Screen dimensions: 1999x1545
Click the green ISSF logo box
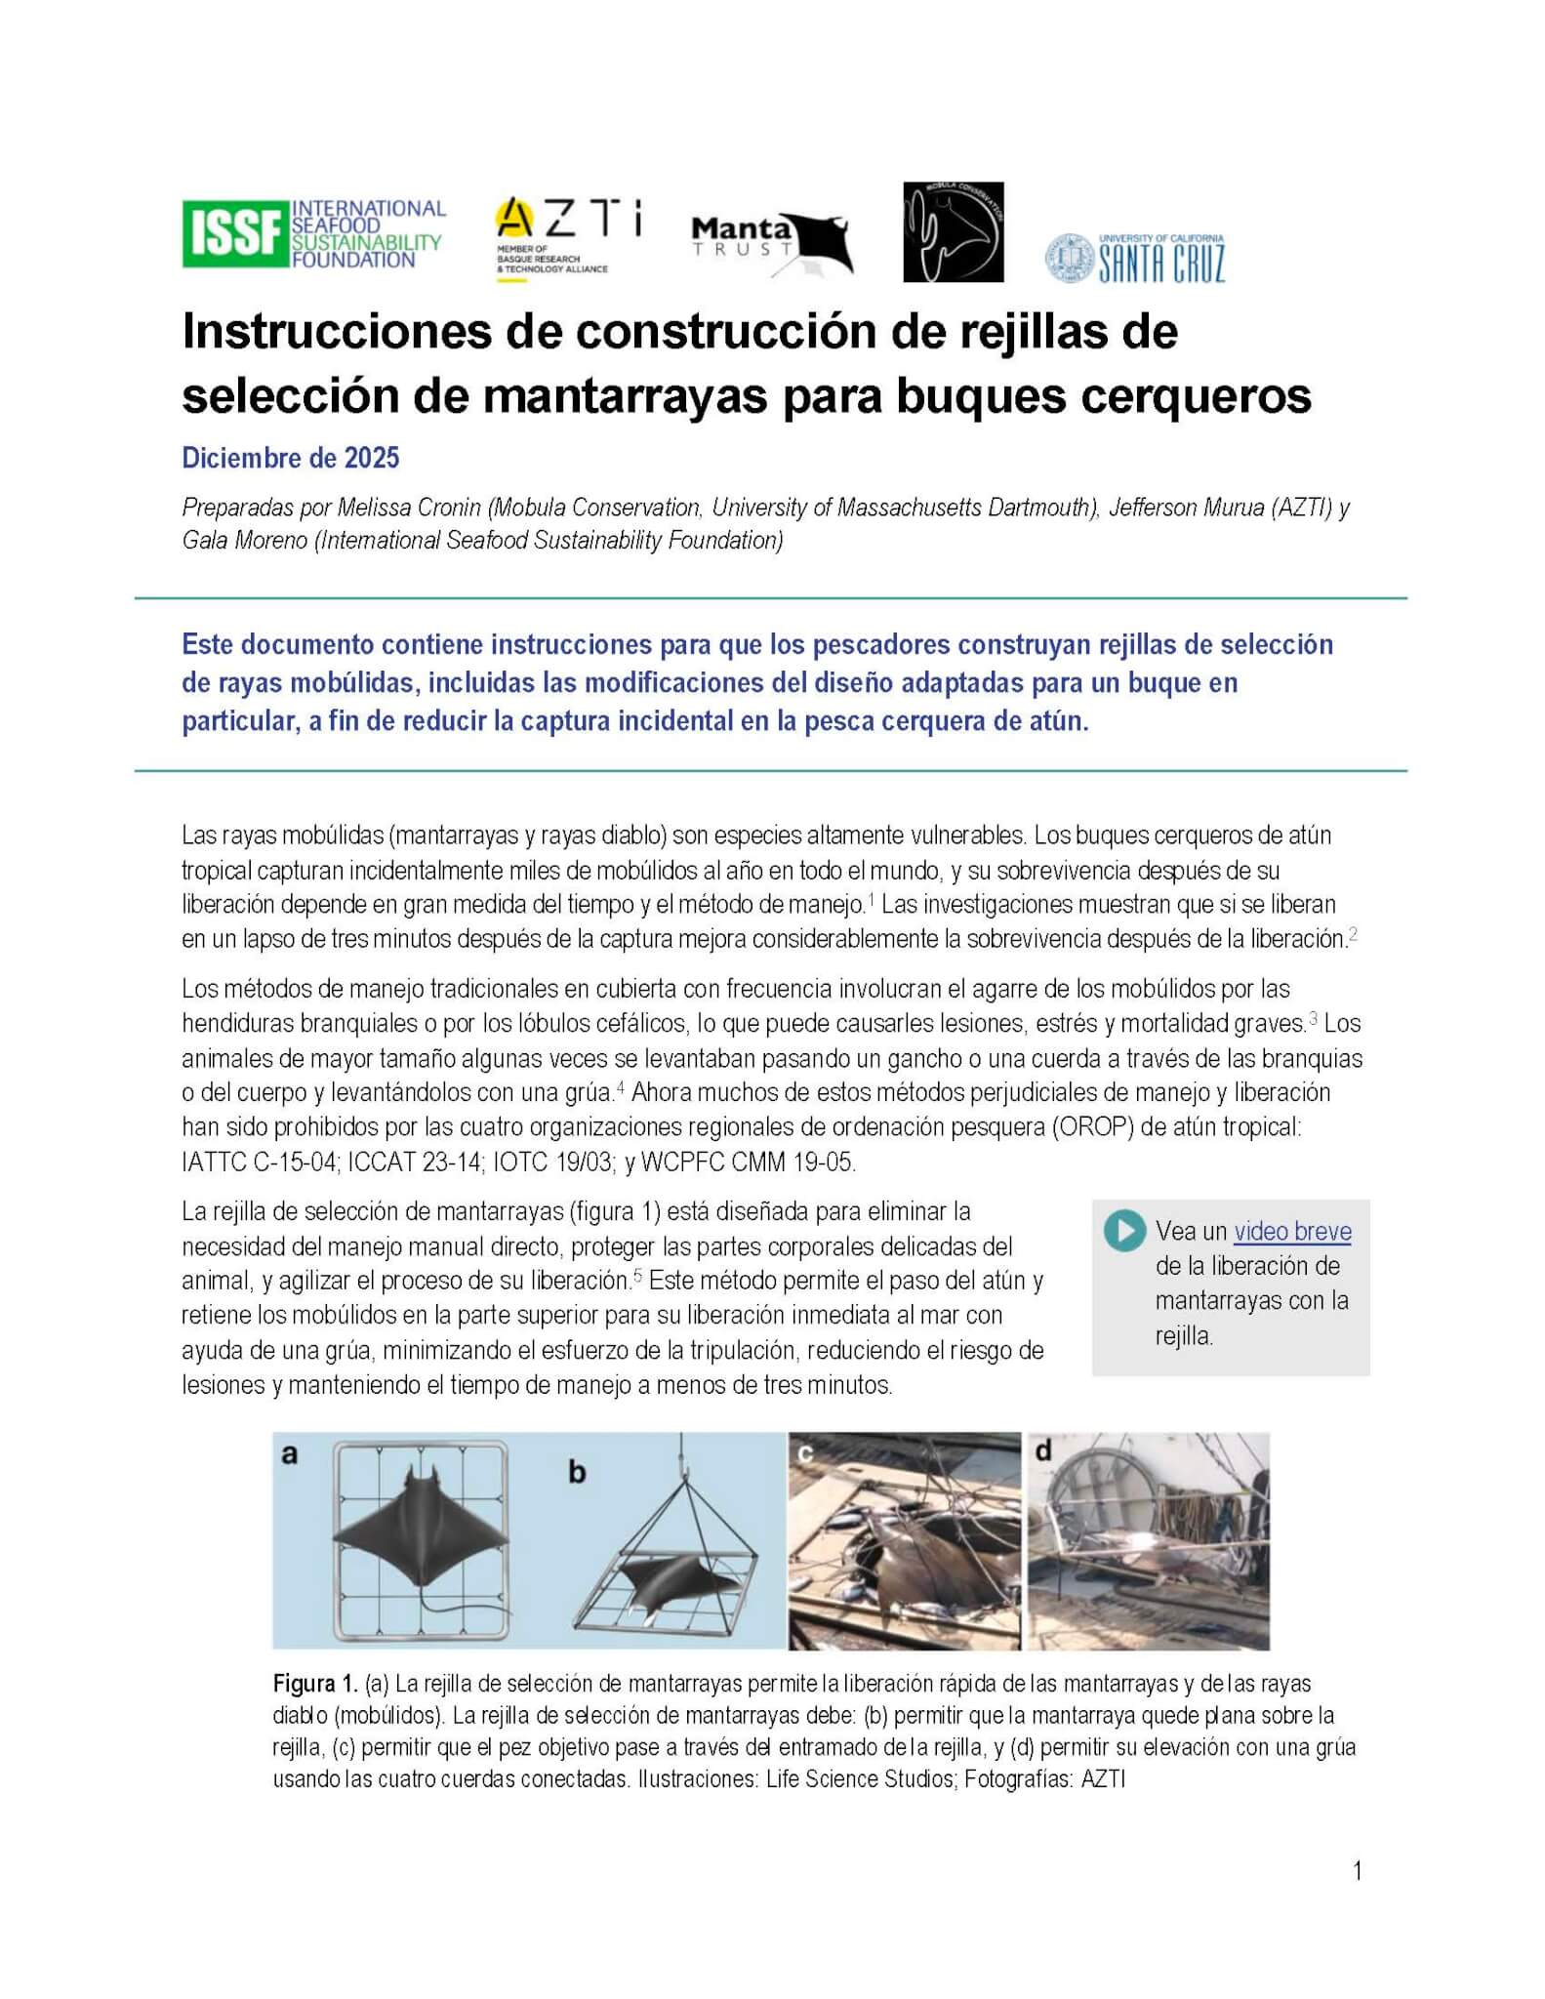[234, 233]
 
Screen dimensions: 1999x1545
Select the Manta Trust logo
[771, 244]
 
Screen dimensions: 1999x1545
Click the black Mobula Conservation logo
[953, 232]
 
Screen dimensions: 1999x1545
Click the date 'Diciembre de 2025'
[290, 458]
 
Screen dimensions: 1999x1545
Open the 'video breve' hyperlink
[1292, 1231]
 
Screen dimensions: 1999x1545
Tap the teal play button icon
[1125, 1231]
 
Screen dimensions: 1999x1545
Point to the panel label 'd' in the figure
[1043, 1451]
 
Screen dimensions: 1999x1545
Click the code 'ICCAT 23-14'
[374, 1163]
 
